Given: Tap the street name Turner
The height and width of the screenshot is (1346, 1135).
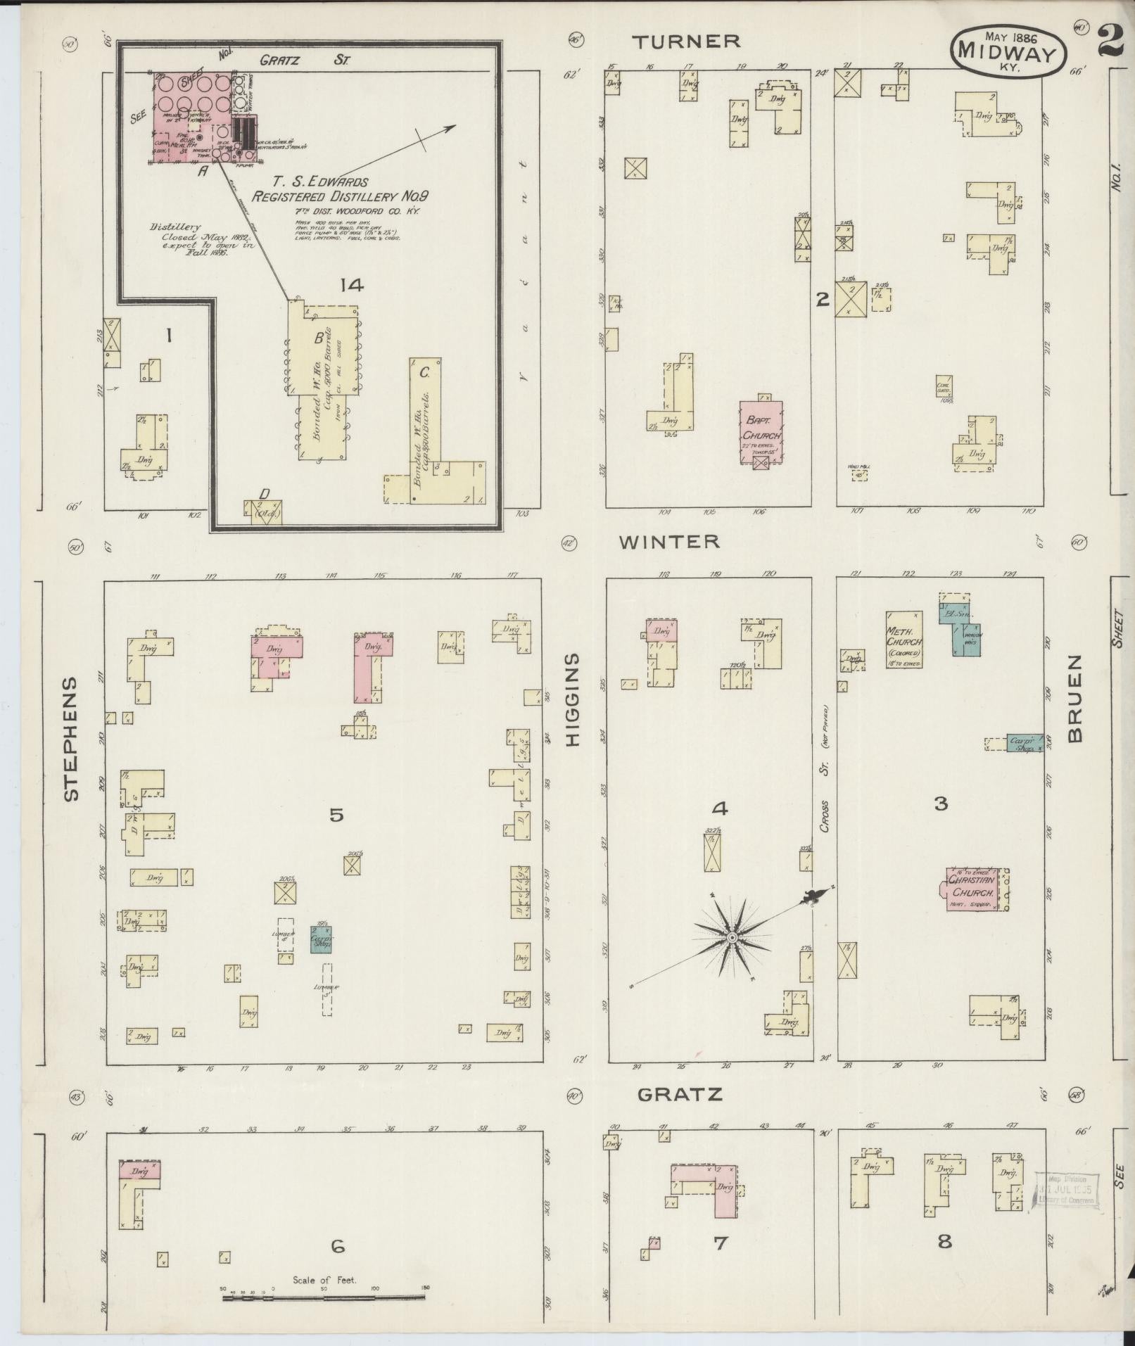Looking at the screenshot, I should [686, 42].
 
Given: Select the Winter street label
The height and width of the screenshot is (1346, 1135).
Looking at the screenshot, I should [669, 541].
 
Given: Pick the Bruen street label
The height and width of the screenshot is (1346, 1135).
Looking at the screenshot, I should [1074, 699].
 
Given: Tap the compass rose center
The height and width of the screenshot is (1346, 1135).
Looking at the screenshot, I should [732, 938].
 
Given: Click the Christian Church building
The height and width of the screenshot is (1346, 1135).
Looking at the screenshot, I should [973, 888].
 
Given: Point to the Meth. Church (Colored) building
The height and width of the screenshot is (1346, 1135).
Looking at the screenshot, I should [903, 638].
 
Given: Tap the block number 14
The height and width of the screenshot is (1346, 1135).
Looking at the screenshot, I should [350, 285].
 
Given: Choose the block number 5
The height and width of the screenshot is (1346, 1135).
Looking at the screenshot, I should [336, 815].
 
